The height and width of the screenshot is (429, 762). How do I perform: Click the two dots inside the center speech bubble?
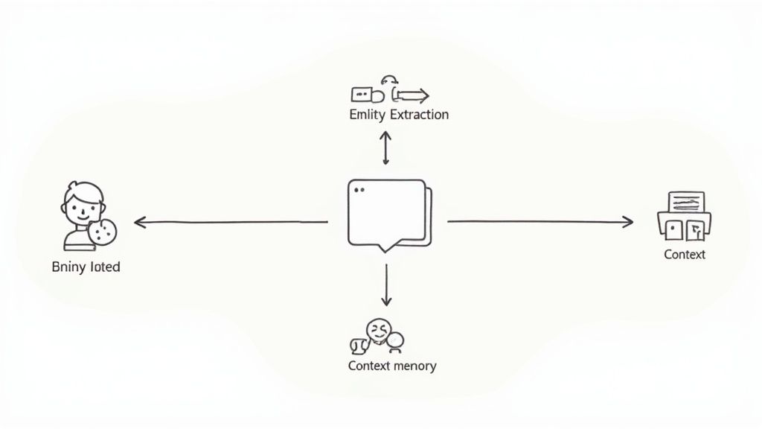360,190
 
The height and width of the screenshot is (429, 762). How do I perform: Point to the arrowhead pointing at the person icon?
139,222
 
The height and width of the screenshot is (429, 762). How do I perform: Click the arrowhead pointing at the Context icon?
628,221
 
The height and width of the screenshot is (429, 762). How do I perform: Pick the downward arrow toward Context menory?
385,286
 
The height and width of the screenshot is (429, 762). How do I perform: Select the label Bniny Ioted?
86,267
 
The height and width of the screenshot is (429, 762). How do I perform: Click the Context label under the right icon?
684,255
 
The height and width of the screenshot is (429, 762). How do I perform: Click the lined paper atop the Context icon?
686,202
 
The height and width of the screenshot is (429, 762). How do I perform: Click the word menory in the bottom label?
415,366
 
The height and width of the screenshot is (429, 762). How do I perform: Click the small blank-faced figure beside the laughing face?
396,342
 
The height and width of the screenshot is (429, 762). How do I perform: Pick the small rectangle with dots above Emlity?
362,95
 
